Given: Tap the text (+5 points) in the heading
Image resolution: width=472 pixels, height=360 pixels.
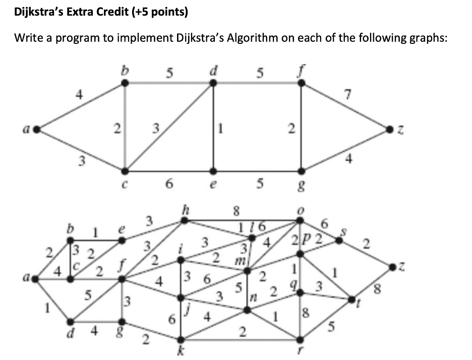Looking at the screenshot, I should [x=162, y=12].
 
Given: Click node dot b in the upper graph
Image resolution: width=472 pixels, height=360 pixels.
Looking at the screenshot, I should [x=125, y=84].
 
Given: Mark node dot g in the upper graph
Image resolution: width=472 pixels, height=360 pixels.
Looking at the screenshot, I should [x=301, y=170].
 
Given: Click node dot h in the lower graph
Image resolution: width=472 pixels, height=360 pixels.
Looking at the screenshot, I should [x=185, y=220].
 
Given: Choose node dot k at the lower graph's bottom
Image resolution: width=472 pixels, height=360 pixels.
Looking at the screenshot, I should [x=184, y=340].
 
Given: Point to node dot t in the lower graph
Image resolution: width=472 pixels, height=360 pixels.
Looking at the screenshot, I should [x=352, y=299].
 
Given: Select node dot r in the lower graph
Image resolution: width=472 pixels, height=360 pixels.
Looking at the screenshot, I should [x=301, y=340].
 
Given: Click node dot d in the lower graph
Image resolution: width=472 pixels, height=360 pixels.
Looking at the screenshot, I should [x=70, y=321].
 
